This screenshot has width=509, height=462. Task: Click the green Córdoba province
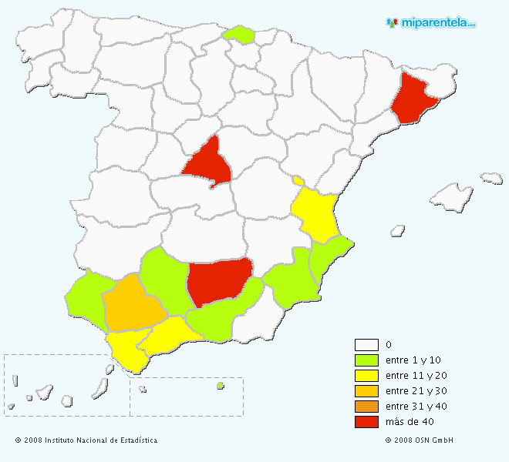click(164, 282)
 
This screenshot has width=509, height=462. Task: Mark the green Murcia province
click(290, 282)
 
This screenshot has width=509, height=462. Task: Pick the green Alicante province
click(329, 259)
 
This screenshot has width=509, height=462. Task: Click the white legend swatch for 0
click(366, 345)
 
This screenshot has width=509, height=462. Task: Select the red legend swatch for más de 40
click(366, 422)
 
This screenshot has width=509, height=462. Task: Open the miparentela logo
click(432, 22)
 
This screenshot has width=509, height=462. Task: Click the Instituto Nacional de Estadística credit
click(86, 440)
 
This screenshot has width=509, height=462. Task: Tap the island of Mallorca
click(450, 198)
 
